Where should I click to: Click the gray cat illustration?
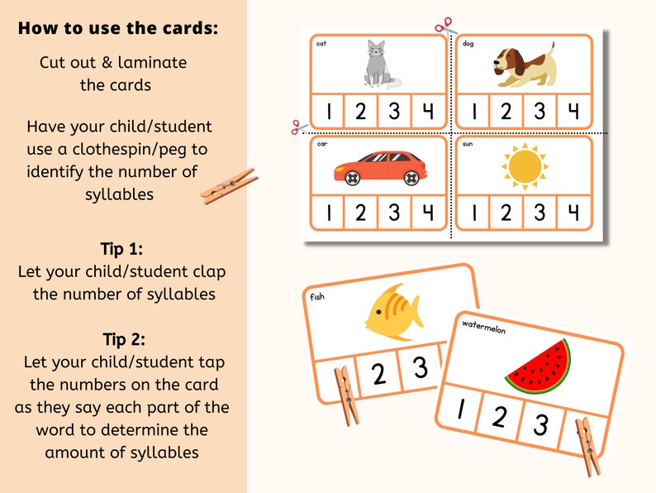coord(379,65)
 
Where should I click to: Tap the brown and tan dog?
coord(525,66)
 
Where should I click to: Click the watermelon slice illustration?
coord(538,366)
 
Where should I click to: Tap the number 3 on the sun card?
coord(540,213)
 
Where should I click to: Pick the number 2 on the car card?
coord(361,213)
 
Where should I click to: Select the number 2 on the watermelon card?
coord(499,417)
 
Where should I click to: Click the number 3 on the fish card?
coord(421,366)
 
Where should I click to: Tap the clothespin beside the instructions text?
coord(229,186)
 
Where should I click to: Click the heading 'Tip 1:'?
coord(122,250)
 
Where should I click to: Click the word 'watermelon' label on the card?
coord(483,326)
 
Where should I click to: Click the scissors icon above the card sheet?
coord(445,26)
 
